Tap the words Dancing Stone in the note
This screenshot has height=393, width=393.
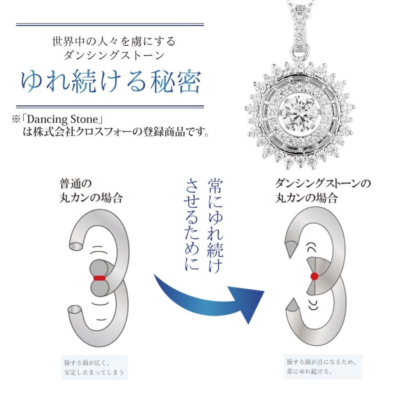(62, 119)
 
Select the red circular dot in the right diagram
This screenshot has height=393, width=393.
(314, 276)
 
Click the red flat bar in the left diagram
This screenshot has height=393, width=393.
(99, 278)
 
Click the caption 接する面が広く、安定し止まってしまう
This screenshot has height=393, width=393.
(94, 367)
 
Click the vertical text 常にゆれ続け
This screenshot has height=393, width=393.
(215, 226)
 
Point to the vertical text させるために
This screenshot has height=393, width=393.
(192, 225)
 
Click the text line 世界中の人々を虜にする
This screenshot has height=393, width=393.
(113, 41)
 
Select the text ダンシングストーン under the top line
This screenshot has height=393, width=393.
(114, 55)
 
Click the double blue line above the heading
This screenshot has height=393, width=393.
(110, 25)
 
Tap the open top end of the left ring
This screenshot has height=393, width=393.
(76, 246)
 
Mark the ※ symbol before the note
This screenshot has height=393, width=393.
(16, 119)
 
